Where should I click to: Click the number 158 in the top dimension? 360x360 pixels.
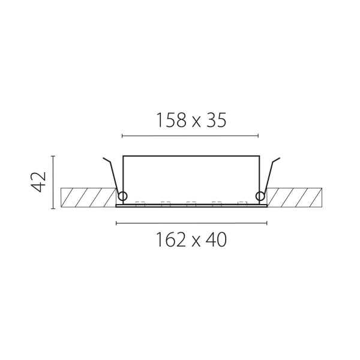171,120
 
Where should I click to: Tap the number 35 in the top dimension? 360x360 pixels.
216,120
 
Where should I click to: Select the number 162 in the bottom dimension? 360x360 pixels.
170,239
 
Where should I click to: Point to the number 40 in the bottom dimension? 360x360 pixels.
216,239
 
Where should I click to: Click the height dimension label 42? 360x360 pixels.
38,182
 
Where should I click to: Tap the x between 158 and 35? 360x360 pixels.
196,123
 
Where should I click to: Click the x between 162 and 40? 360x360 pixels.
196,242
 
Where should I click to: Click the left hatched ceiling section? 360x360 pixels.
88,197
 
